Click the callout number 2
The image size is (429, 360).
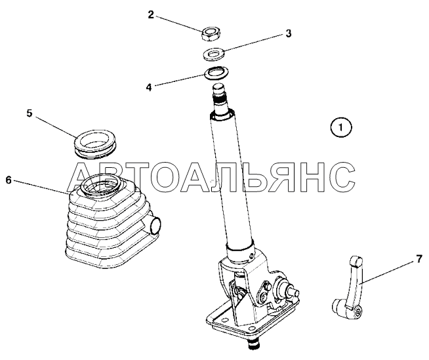coord(151,14)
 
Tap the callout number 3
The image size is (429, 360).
coord(289,33)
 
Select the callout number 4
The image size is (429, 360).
coord(149,87)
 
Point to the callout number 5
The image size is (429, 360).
coord(30,113)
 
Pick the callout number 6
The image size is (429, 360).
coord(9,180)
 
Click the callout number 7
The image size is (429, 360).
coord(419,259)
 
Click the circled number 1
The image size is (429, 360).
coord(341,127)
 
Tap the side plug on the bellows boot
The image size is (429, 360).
coord(155,224)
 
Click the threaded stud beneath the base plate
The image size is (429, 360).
coord(254,345)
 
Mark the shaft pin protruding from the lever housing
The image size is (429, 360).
coord(293,290)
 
